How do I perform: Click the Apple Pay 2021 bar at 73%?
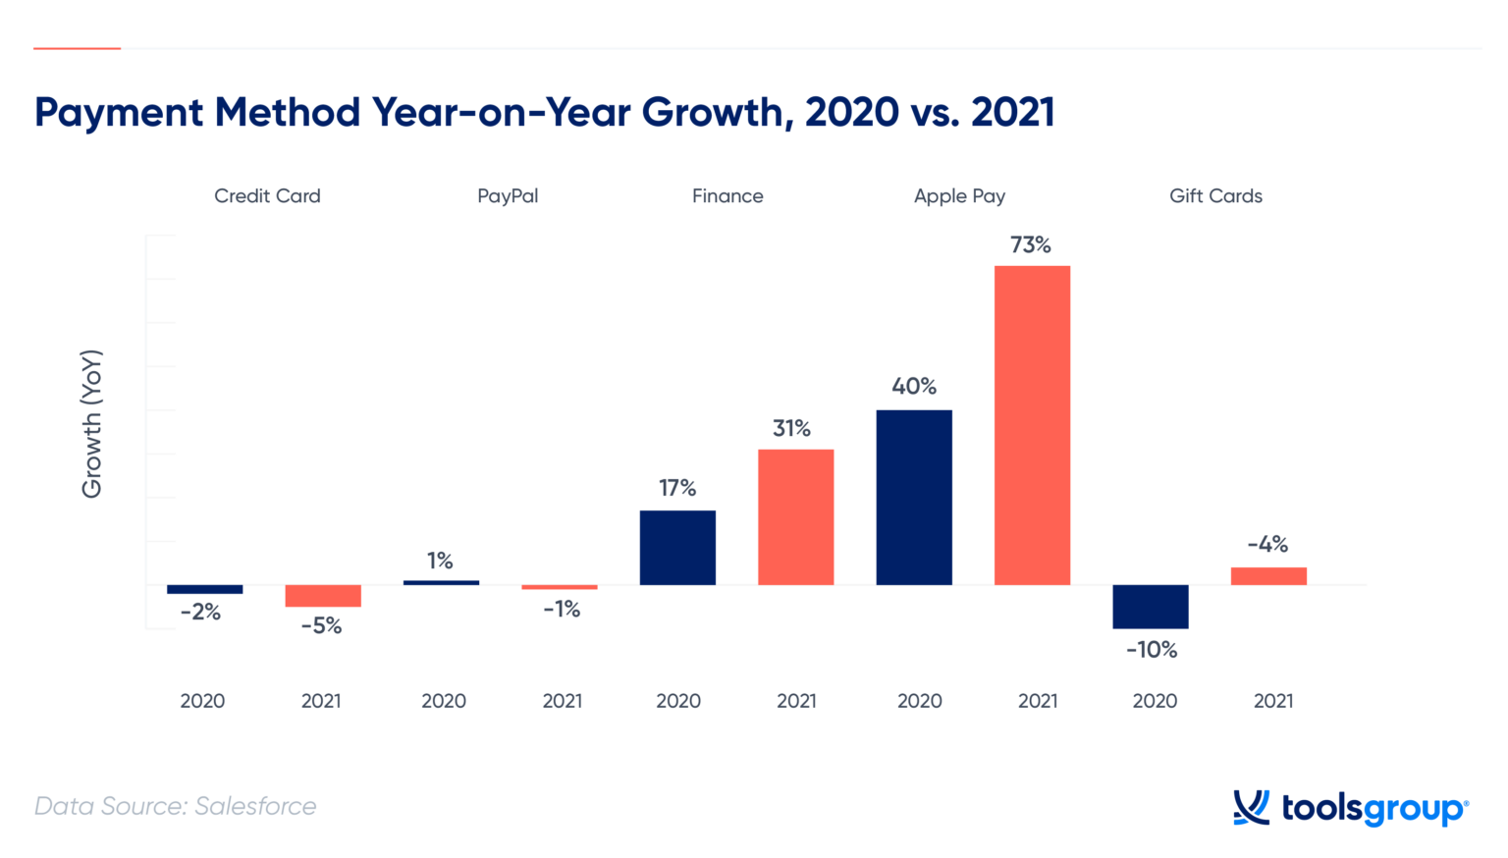pos(1032,425)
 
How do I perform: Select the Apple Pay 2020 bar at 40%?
pos(914,497)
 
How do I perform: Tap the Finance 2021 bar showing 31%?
pos(795,517)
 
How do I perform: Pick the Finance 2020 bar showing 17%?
pos(677,548)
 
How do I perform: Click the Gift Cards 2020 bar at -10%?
pos(1150,607)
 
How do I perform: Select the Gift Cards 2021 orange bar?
pos(1268,576)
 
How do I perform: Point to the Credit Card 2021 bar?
pos(323,596)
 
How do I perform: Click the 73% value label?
pos(1031,245)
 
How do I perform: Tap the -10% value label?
pos(1151,650)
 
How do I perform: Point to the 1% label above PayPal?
pos(440,561)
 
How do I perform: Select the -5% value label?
pos(321,626)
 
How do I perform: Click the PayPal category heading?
pos(508,196)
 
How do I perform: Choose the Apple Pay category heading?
pos(959,196)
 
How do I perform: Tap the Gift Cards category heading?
pos(1215,196)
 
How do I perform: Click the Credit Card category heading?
pos(267,196)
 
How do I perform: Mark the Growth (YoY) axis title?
pos(91,424)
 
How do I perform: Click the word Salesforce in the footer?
pos(255,806)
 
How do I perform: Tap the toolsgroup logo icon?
pos(1251,808)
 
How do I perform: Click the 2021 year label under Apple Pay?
pos(1038,701)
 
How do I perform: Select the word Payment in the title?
pos(119,112)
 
